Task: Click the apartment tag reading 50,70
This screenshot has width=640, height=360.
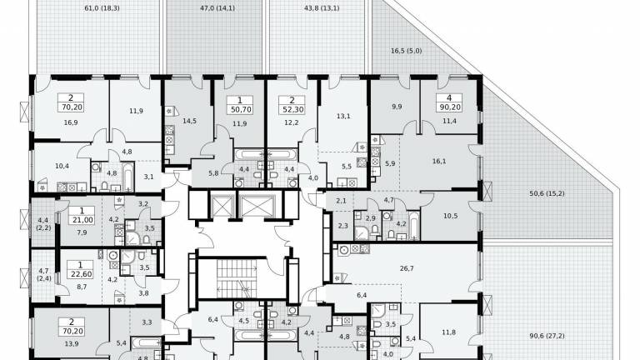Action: pyautogui.click(x=240, y=105)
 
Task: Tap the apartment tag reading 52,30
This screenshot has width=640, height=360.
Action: pyautogui.click(x=292, y=105)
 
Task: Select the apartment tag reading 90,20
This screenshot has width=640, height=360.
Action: pyautogui.click(x=449, y=102)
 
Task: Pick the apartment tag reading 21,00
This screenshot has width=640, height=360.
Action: pyautogui.click(x=82, y=216)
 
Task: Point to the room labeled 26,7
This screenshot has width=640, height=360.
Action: pyautogui.click(x=407, y=268)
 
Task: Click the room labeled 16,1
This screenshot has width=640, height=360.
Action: pyautogui.click(x=439, y=161)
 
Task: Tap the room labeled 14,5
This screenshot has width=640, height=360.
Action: pyautogui.click(x=189, y=121)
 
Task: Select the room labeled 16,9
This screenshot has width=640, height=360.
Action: pyautogui.click(x=71, y=122)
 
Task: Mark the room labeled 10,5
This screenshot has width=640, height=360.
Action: pyautogui.click(x=450, y=217)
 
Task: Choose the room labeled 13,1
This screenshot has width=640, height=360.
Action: pyautogui.click(x=343, y=116)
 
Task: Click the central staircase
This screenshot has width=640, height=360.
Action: pyautogui.click(x=237, y=278)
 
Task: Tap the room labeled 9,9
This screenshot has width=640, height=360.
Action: pyautogui.click(x=397, y=107)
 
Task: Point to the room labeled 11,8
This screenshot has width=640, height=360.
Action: pyautogui.click(x=448, y=332)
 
